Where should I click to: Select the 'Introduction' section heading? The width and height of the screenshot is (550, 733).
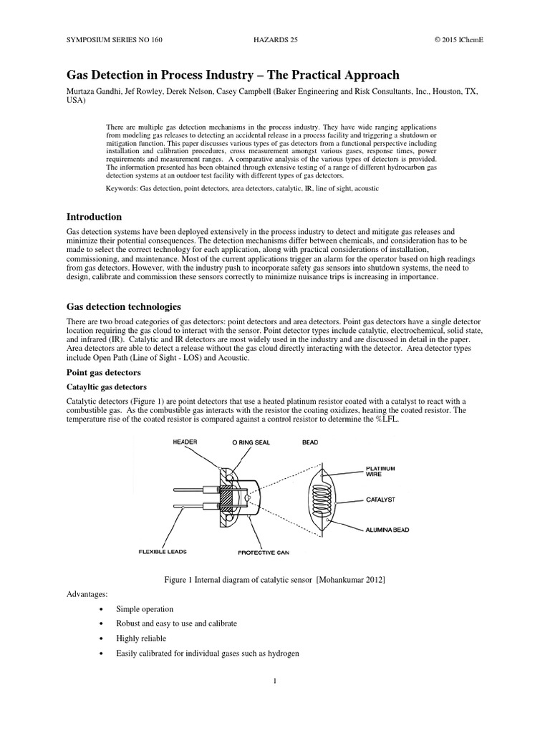94,217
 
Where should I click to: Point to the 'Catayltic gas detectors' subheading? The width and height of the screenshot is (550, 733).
107,387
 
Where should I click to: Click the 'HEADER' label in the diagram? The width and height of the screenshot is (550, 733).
185,443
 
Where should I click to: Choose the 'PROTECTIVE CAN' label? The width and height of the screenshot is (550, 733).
264,553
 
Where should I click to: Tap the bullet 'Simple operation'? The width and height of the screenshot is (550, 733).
149,609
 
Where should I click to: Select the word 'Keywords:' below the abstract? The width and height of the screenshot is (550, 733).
122,188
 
